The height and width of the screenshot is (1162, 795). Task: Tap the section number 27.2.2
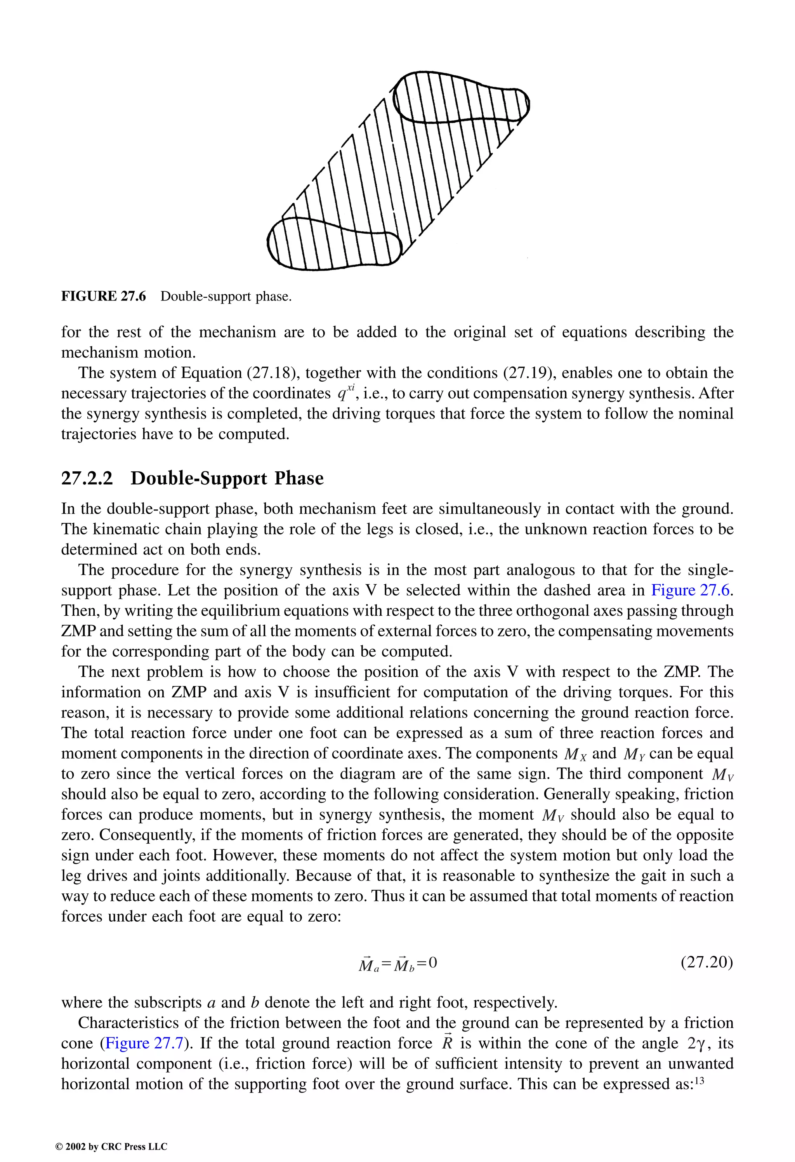[87, 478]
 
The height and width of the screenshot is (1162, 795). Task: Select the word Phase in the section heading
[299, 478]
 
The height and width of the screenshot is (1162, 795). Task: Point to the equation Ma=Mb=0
[397, 963]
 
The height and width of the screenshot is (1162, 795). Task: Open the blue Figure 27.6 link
[691, 590]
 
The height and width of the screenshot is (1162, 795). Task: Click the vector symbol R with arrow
[446, 1042]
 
